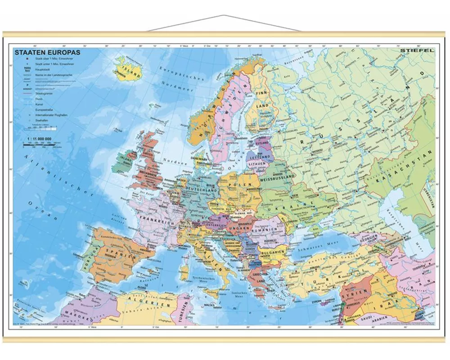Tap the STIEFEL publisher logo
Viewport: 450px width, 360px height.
coord(417,50)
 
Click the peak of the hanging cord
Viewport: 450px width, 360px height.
coord(224,16)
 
